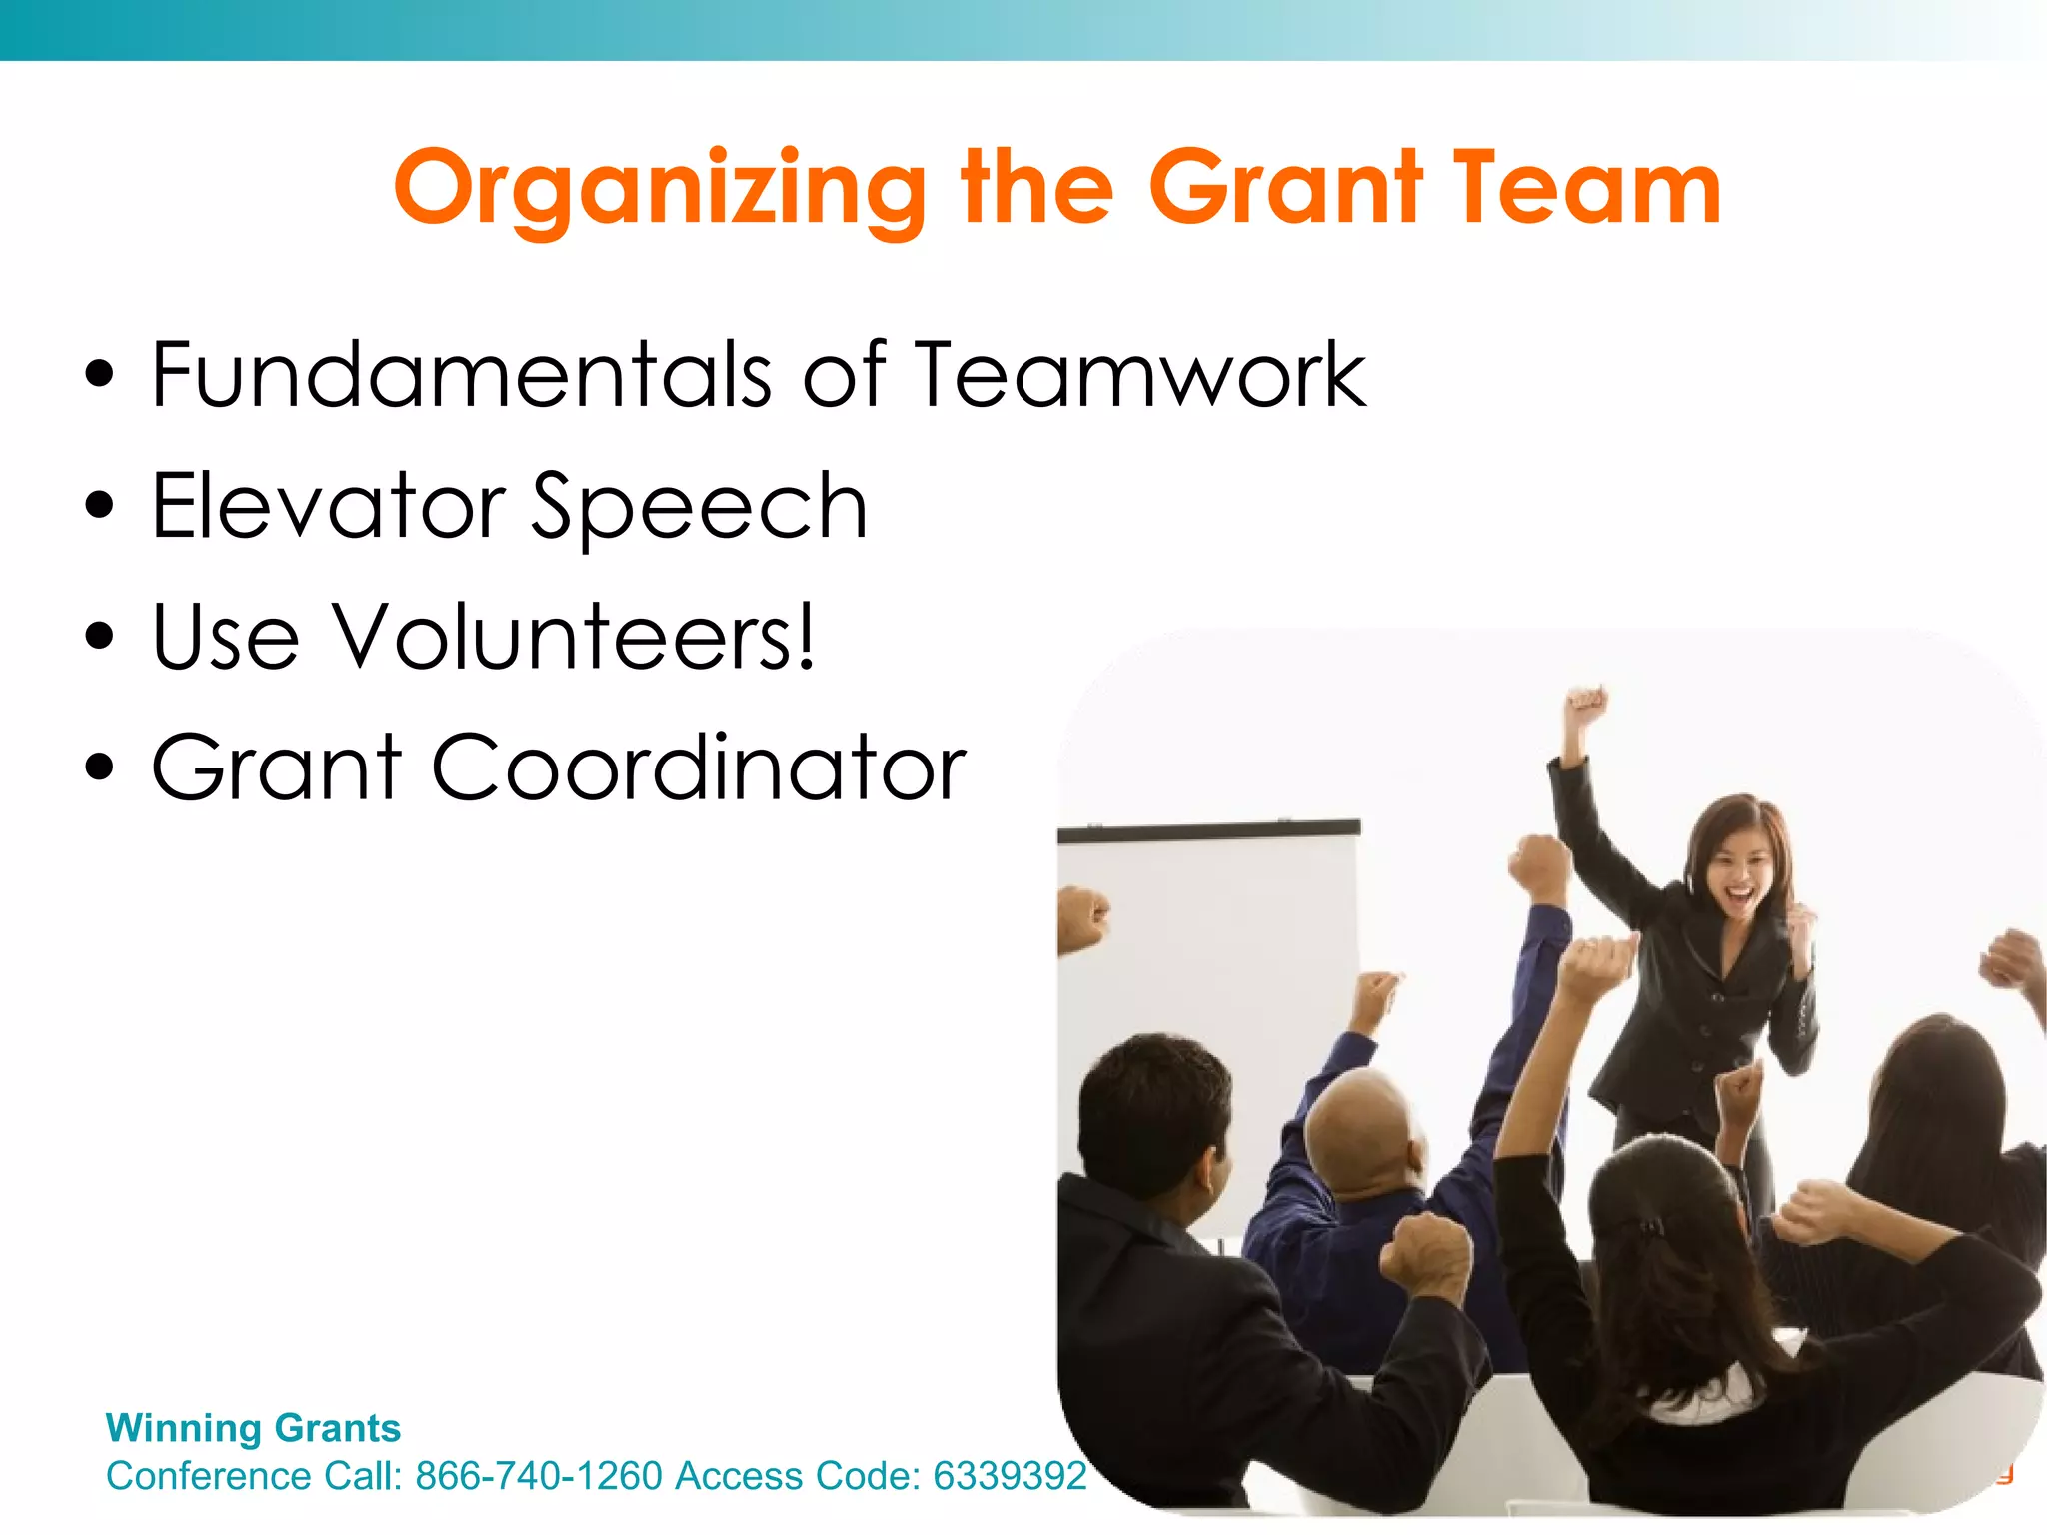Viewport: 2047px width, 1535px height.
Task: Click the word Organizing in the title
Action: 660,190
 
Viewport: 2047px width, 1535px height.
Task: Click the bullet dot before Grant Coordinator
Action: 100,767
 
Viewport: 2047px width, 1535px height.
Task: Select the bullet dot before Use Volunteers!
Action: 100,637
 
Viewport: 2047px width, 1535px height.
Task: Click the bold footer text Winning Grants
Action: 253,1427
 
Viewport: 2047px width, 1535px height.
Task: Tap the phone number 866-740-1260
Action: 539,1475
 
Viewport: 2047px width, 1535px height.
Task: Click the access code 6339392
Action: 1009,1475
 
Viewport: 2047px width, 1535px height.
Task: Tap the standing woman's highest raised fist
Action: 1585,706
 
